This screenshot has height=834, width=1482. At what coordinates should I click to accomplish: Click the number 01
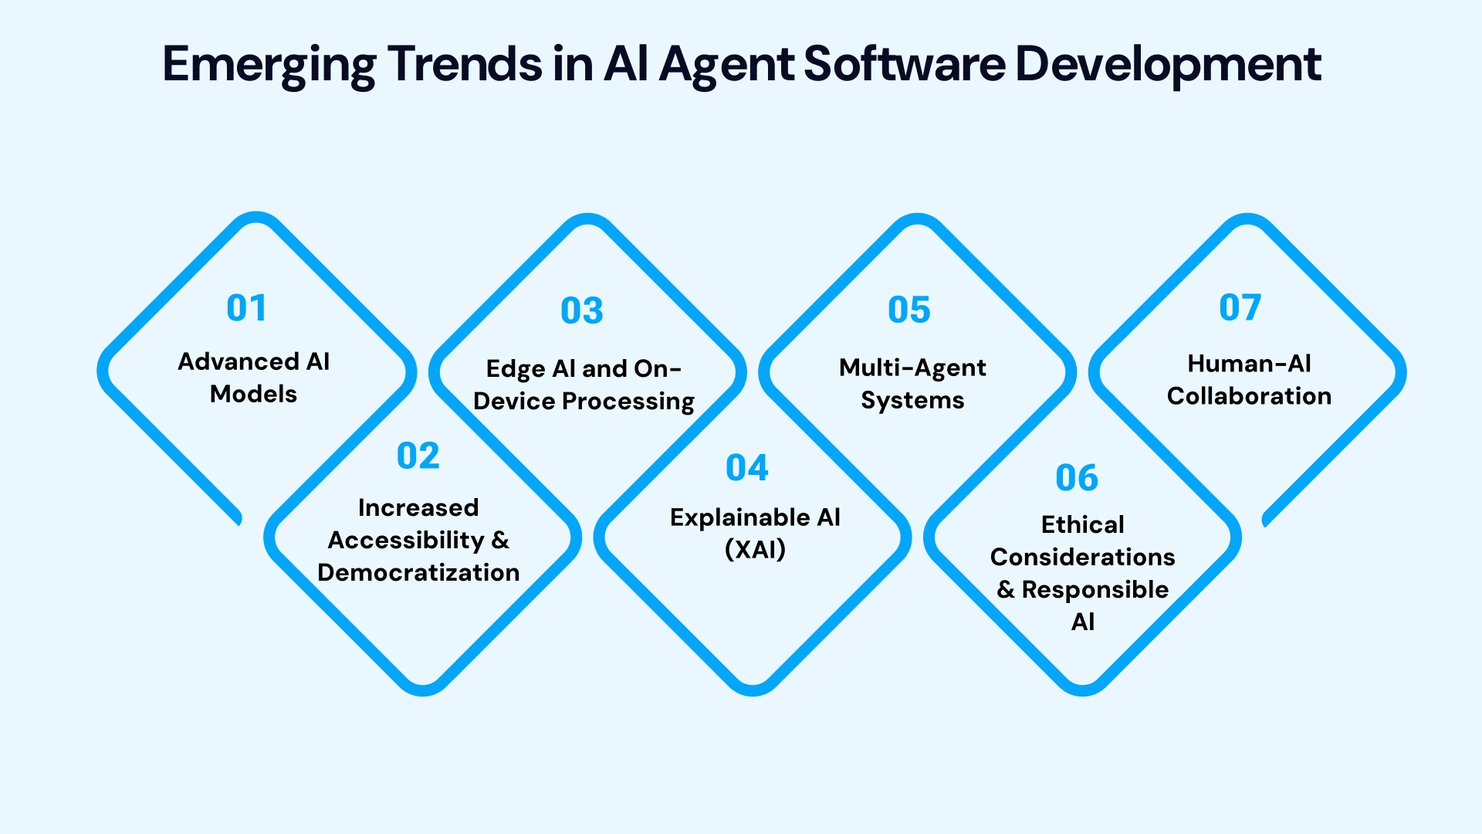pos(246,308)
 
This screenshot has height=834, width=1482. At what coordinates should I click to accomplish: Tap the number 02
pos(418,456)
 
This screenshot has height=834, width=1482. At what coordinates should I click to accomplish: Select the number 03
pos(582,310)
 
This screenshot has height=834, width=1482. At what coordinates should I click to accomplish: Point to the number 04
pos(747,468)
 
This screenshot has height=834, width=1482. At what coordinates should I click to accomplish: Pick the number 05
pos(909,310)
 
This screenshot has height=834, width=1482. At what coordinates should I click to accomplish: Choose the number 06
pos(1077,478)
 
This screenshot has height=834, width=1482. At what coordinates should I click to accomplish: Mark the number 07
pos(1240,307)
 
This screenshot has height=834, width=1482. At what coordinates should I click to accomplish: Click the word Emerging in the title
pos(269,64)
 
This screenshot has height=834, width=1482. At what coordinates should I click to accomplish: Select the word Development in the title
pos(1168,64)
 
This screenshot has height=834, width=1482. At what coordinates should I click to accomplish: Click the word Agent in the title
pos(726,64)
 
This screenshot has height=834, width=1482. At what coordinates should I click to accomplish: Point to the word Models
pos(253,394)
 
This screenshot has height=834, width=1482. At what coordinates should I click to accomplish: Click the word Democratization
pos(418,572)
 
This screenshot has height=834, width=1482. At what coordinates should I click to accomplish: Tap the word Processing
pos(628,402)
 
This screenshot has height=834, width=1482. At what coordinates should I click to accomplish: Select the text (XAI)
pos(755,549)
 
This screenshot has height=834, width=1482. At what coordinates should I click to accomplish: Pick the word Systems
pos(912,400)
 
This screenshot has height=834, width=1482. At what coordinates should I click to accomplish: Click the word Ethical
pos(1082,524)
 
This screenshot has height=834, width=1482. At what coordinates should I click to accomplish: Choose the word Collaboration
pos(1249,396)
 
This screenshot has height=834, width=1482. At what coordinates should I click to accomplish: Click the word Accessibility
pos(406,540)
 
